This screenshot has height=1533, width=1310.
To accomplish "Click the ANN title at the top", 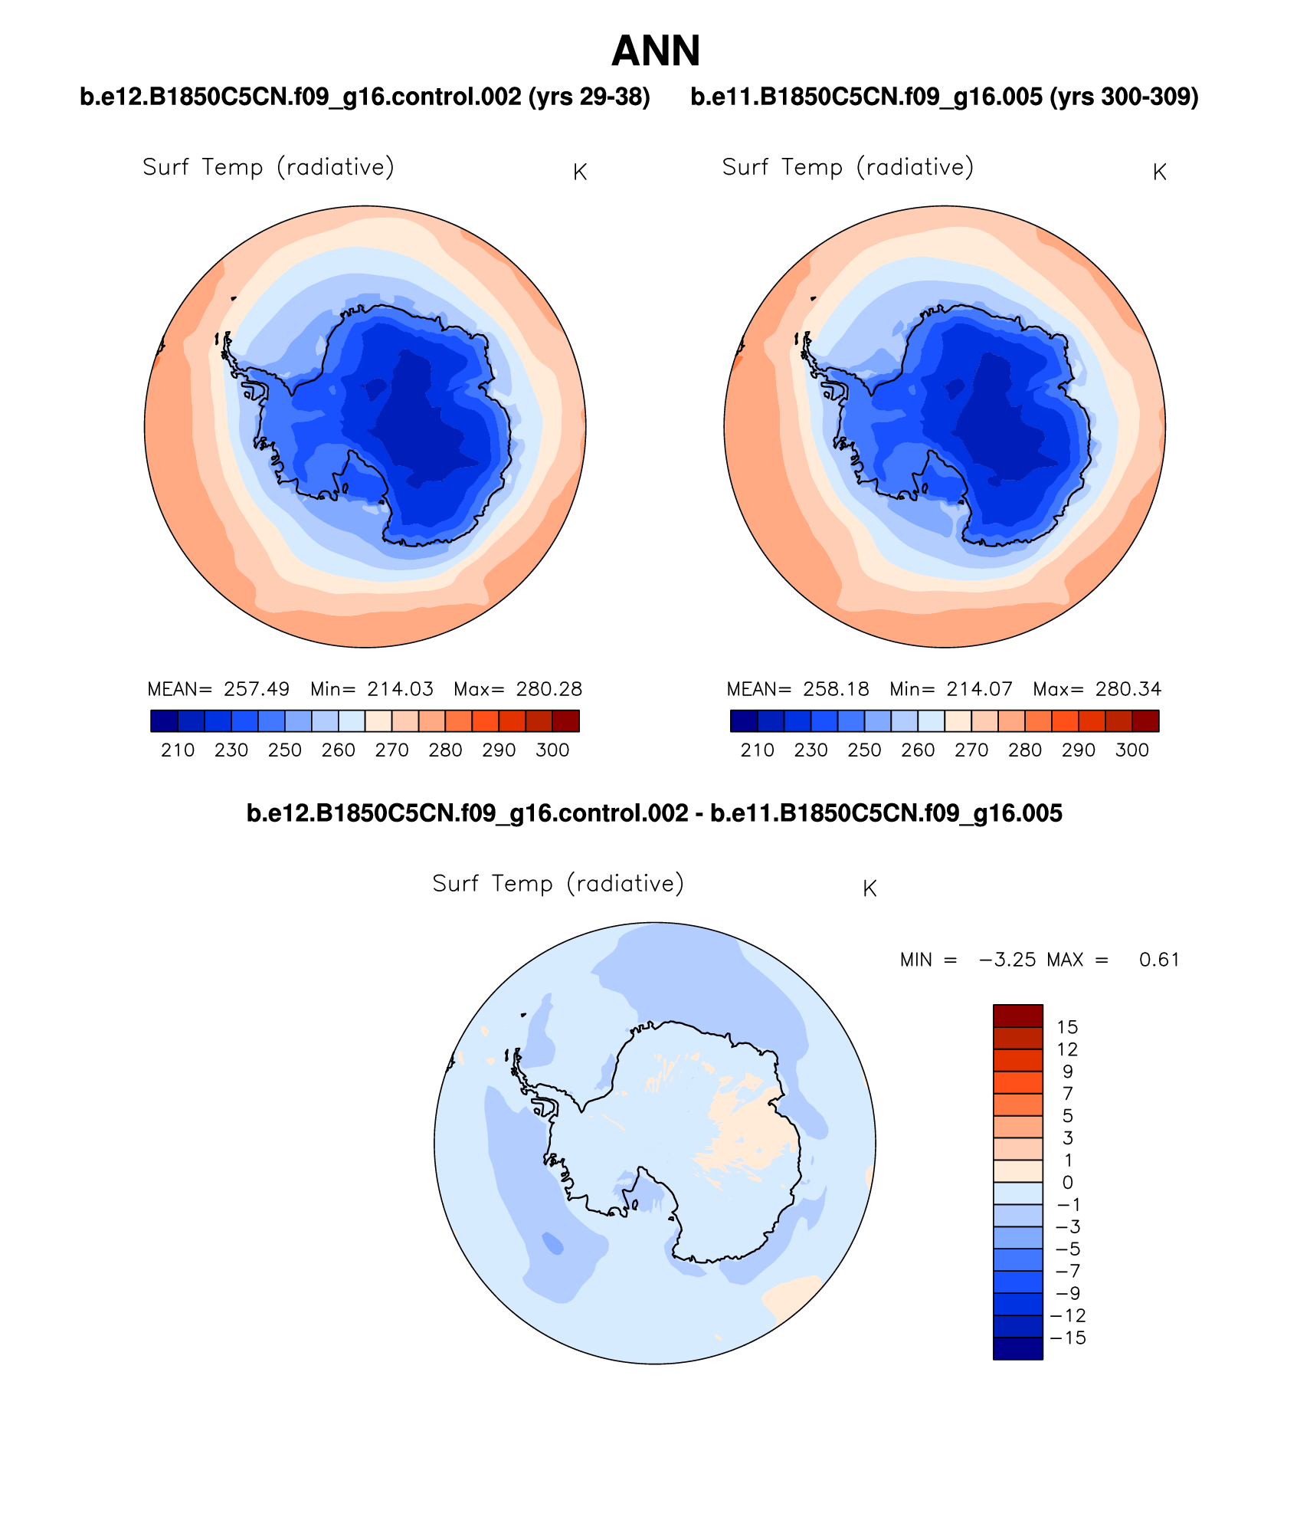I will (656, 51).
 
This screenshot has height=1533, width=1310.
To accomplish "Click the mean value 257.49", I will (257, 689).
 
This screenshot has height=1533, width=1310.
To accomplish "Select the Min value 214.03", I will (400, 689).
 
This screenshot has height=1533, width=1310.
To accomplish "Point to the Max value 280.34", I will (1128, 689).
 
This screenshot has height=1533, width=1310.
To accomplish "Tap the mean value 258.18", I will (836, 689).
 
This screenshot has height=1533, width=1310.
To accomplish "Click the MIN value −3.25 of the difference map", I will (1007, 960).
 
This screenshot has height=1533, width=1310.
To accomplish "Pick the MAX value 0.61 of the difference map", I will (1159, 960).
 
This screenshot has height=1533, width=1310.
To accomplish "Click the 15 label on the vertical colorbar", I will (1067, 1027).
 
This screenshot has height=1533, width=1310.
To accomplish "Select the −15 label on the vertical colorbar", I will (1068, 1338).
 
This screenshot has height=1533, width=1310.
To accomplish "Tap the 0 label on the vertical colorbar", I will (1068, 1183).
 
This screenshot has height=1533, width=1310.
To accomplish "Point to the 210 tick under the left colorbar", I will (178, 750).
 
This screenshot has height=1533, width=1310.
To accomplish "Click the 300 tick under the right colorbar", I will (1132, 750).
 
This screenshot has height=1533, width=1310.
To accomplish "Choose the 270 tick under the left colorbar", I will (391, 750).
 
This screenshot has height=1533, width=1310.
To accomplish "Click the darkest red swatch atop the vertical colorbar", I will (1017, 1016).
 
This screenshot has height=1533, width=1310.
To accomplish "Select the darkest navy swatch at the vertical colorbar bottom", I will (1017, 1349).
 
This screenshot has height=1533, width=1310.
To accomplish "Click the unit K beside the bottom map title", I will (870, 889).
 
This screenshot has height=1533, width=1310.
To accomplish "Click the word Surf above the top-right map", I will (745, 167).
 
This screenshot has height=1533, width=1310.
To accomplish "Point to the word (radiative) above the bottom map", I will (625, 884).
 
